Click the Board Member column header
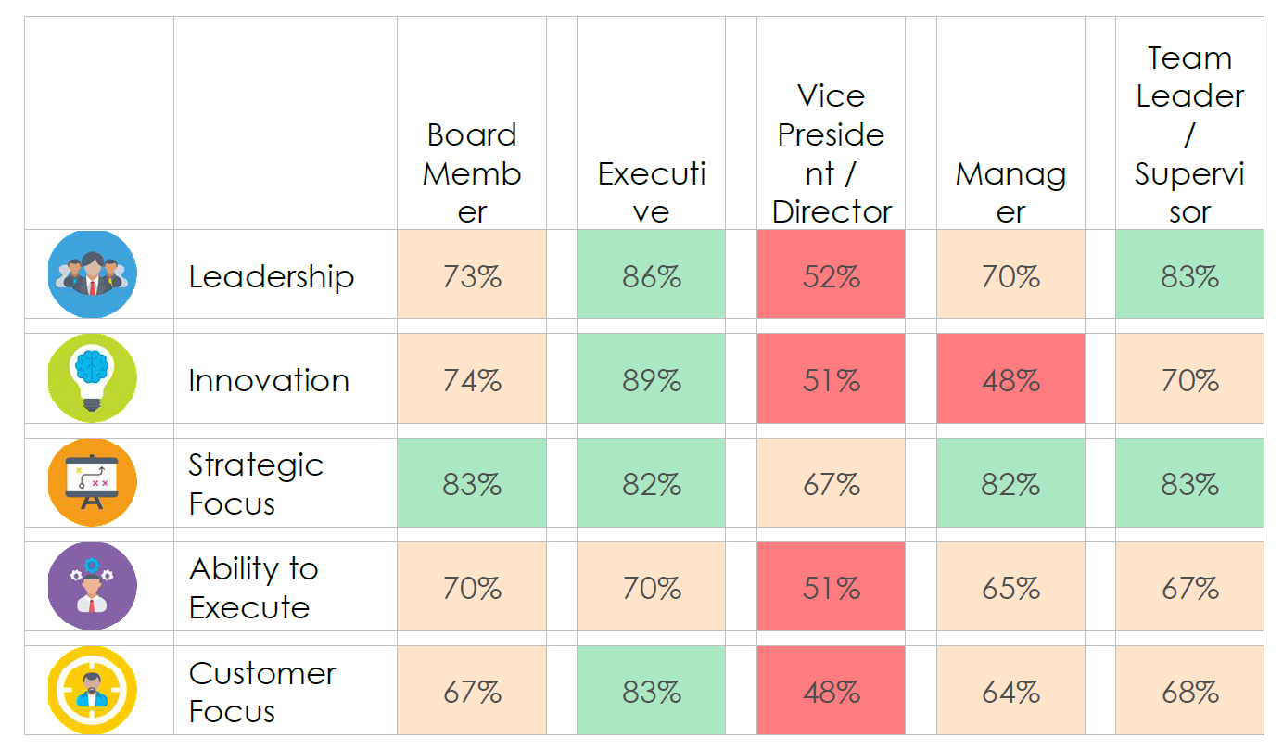point(472,173)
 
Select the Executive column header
point(651,193)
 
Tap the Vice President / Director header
point(832,154)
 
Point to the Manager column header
point(1010,193)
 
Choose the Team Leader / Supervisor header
point(1189,134)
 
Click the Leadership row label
point(271,276)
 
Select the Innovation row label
point(269,380)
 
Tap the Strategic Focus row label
point(256,484)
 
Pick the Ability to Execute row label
point(253,588)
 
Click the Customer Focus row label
point(262,692)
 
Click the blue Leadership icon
point(92,274)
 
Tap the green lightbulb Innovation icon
point(92,378)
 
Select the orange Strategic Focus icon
point(92,483)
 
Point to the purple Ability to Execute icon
point(92,587)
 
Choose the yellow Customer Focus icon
point(92,691)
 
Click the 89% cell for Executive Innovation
point(651,380)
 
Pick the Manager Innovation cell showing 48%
point(1010,380)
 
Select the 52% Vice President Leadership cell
point(832,276)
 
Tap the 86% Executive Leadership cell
point(651,276)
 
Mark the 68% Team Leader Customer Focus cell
point(1189,692)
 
